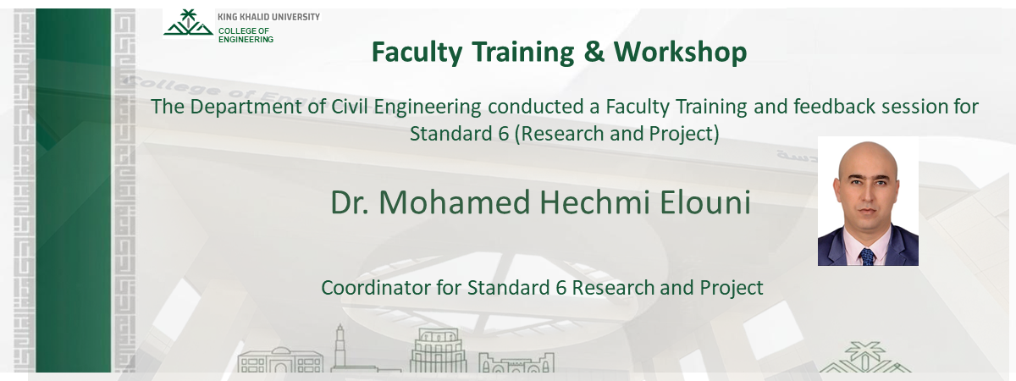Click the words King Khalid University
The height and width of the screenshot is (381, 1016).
click(268, 16)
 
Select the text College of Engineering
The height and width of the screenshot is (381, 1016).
click(246, 35)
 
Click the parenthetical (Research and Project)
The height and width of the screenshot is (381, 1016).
click(616, 134)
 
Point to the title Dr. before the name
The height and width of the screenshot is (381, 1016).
click(350, 203)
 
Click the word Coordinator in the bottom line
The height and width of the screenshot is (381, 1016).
click(370, 288)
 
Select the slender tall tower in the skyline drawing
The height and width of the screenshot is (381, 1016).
click(340, 345)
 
